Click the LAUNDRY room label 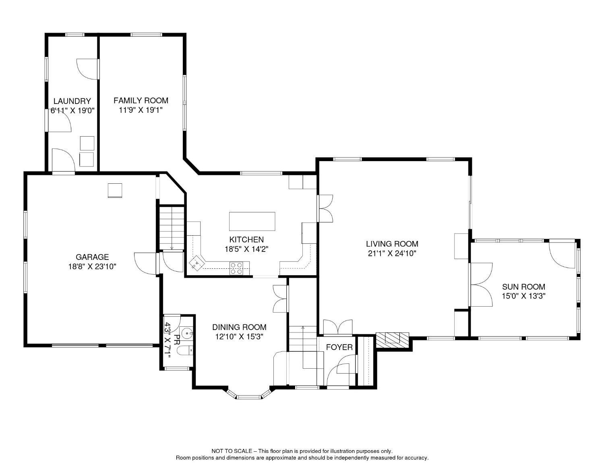tap(72, 101)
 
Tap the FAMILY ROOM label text tap(141, 100)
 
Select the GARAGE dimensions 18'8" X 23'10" tap(92, 266)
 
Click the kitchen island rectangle tap(252, 221)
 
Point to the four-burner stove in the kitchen tap(236, 268)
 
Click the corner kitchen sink tap(197, 263)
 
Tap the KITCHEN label tap(246, 239)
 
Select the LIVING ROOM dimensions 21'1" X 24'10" tap(392, 253)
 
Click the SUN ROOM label tap(524, 286)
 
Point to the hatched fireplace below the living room tap(393, 340)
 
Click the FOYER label tap(339, 347)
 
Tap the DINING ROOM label tap(239, 327)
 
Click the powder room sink tap(187, 332)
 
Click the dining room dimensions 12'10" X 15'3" tap(239, 336)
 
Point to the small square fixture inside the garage tap(115, 190)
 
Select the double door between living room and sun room tap(481, 284)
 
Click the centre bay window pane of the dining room tap(249, 397)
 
